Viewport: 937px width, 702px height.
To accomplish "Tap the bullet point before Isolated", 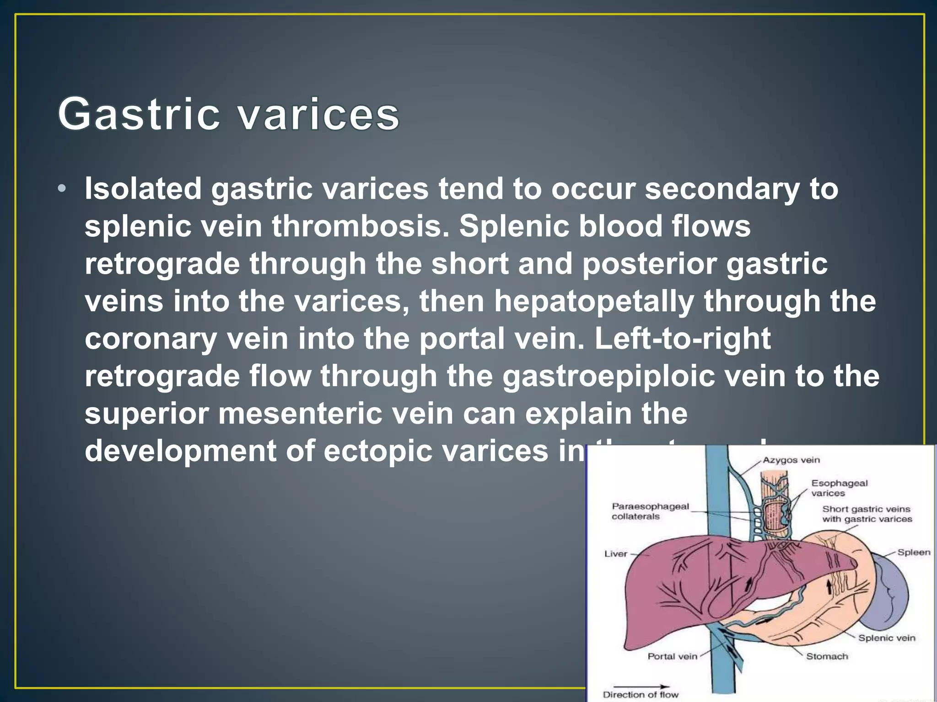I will tap(62, 189).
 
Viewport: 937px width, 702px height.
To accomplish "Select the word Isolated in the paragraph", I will tap(143, 189).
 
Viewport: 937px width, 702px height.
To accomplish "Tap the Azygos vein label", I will tap(791, 460).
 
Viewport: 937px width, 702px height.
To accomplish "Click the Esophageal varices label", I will tap(839, 488).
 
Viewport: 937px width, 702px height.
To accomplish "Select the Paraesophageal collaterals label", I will tap(650, 511).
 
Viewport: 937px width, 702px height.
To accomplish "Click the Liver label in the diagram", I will tap(615, 554).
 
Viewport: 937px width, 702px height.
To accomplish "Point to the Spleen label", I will tap(914, 552).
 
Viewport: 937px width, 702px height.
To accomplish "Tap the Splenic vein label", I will tap(887, 638).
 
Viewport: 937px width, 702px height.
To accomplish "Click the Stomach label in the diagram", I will tap(827, 656).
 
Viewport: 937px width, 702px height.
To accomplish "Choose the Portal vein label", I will tap(672, 656).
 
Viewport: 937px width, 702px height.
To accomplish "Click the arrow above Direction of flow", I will tap(641, 686).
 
